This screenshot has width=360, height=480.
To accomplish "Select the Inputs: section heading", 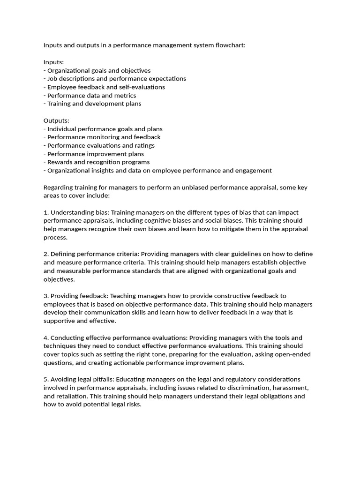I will coord(54,62).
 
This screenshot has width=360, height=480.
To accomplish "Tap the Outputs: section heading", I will coord(56,120).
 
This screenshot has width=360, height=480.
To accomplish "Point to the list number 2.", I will coord(45,254).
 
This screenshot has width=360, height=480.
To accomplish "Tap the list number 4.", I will coord(45,337).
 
